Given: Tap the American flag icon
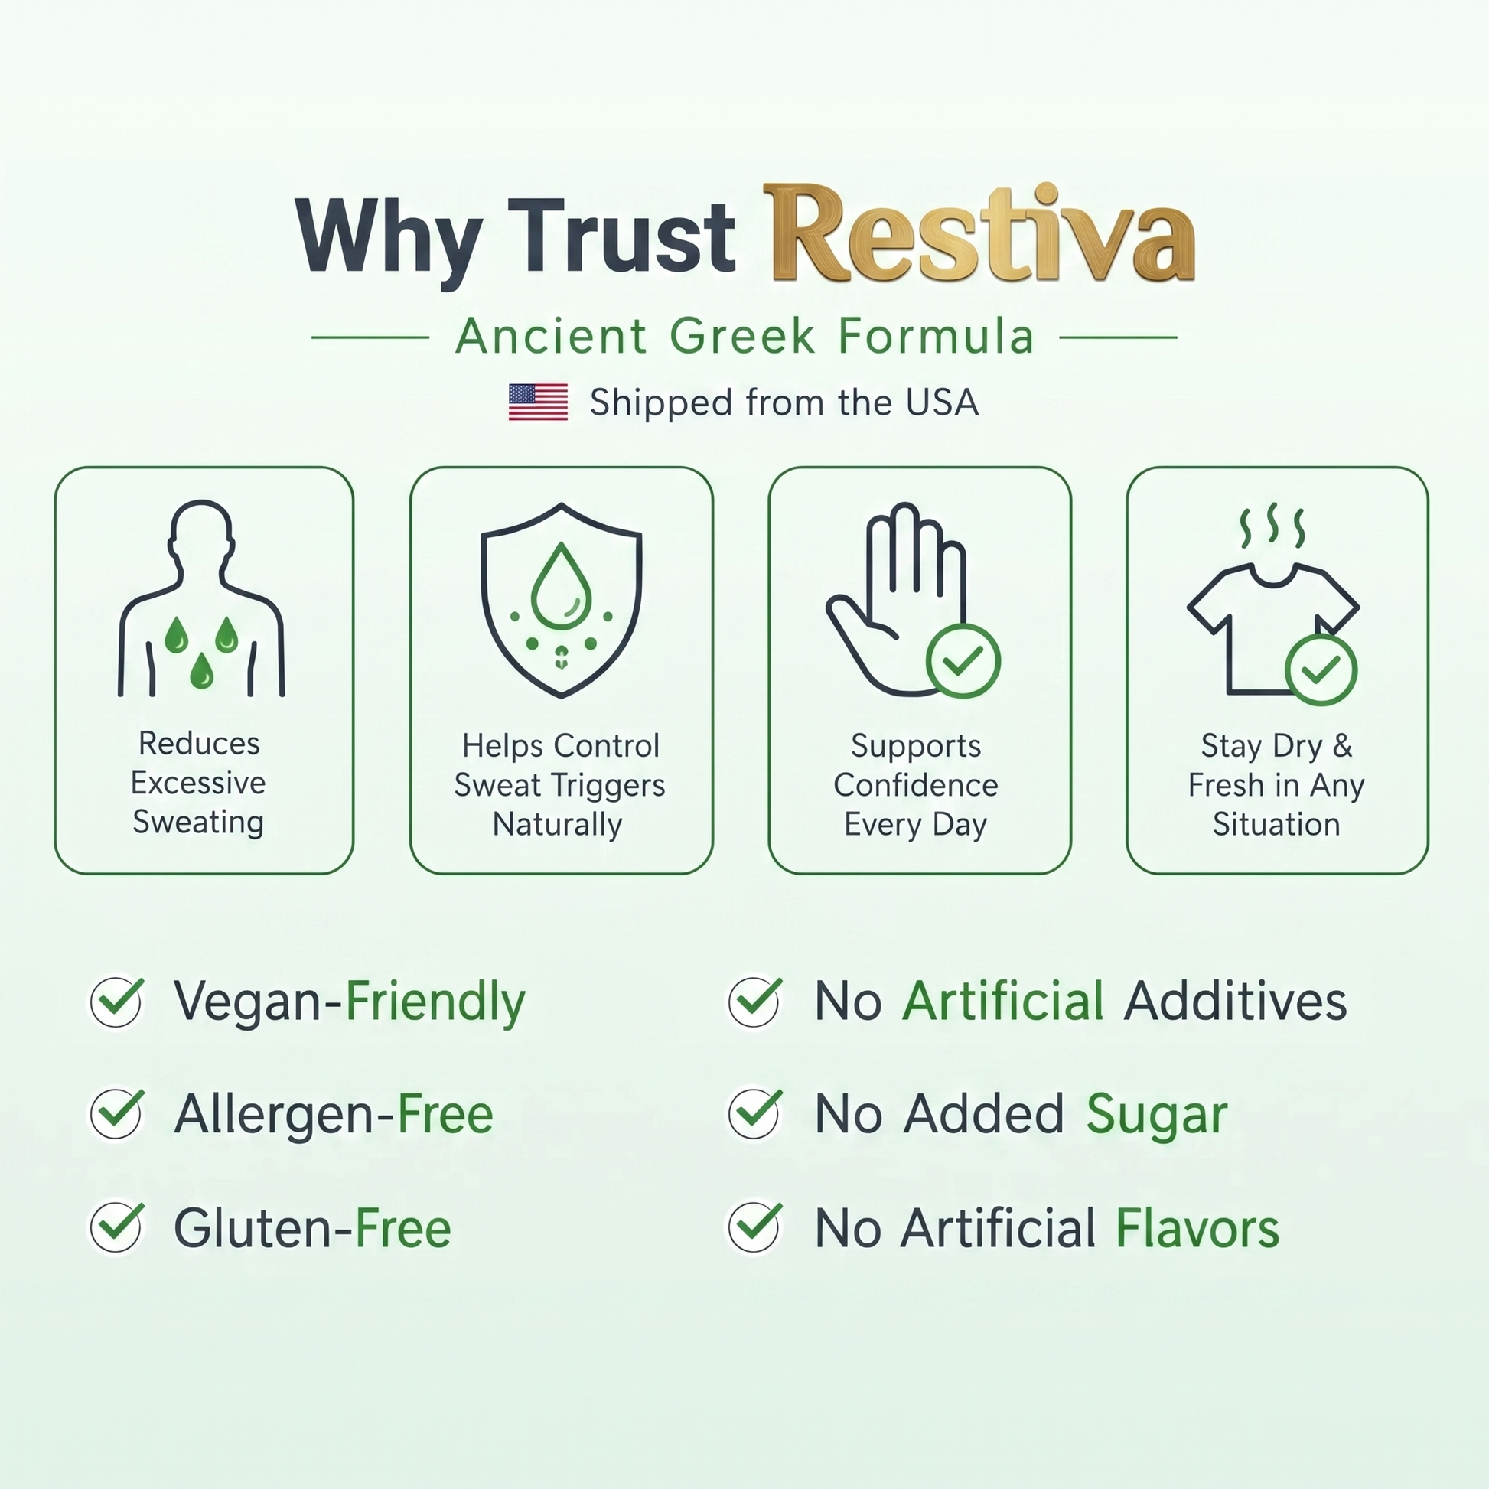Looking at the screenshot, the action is click(x=538, y=402).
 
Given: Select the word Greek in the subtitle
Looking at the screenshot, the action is click(x=742, y=337).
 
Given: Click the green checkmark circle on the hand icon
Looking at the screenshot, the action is click(x=963, y=661).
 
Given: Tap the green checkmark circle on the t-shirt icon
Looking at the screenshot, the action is click(x=1321, y=670).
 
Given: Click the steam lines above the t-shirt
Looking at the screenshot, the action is click(x=1272, y=526).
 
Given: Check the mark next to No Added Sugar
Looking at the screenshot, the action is click(x=755, y=1113).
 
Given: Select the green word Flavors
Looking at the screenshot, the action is click(x=1197, y=1228).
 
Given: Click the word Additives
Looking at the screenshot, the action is click(x=1236, y=1001).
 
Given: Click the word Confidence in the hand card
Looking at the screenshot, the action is click(x=916, y=785).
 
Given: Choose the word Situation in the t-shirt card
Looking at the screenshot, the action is click(x=1276, y=825).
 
